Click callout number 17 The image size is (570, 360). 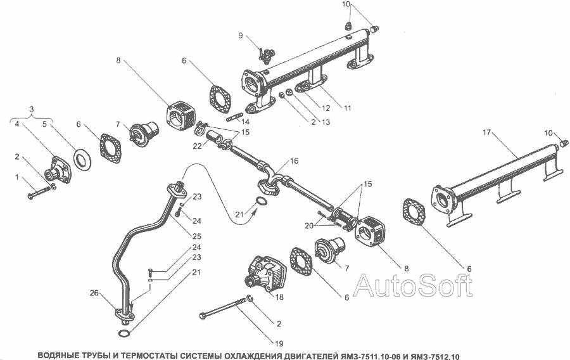pyautogui.click(x=486, y=133)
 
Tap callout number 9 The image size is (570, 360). pyautogui.click(x=241, y=35)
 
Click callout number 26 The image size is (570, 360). pyautogui.click(x=94, y=293)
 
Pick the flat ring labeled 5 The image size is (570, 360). pyautogui.click(x=82, y=159)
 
